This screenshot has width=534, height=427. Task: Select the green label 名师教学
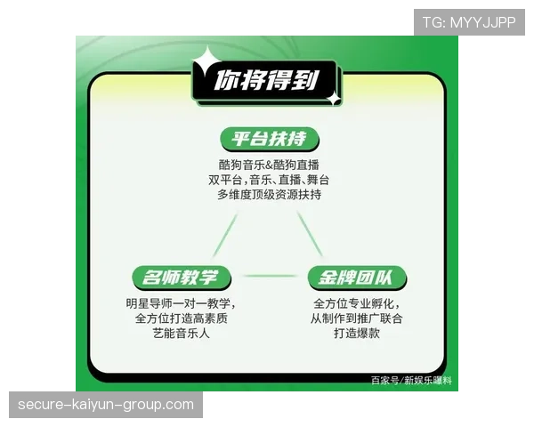coord(181,277)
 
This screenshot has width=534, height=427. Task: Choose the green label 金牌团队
coord(357,277)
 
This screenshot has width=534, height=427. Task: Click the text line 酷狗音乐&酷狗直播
coord(268,164)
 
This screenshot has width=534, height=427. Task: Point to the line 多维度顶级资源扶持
coord(268,196)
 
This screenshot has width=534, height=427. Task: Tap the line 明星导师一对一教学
coord(181,302)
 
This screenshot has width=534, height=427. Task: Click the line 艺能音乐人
coord(181,334)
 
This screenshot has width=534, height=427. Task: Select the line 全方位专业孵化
coord(357,302)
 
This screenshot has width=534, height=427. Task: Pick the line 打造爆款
coord(357,334)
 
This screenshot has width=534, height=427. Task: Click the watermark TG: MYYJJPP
coord(469,22)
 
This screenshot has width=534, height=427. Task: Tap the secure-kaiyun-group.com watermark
coord(106,405)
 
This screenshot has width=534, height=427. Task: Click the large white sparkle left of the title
coord(206,62)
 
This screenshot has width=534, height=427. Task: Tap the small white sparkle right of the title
coord(333,99)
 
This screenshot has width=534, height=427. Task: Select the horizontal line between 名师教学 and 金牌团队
coord(269,276)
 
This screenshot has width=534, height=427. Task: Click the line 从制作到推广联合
coord(357,318)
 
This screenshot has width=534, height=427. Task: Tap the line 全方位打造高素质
coord(181,318)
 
